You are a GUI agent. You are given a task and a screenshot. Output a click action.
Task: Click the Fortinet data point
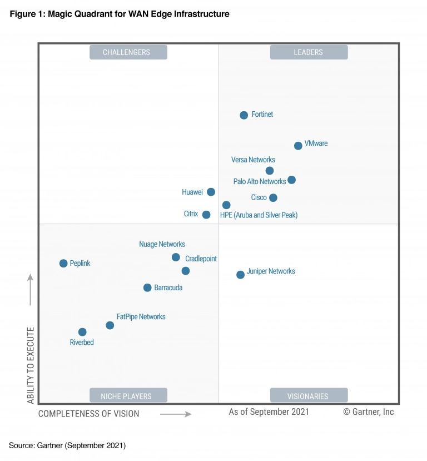244,115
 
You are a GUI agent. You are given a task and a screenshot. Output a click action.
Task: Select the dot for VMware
298,146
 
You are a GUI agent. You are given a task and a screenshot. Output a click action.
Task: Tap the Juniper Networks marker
240,275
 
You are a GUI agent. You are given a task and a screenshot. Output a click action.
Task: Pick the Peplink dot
63,264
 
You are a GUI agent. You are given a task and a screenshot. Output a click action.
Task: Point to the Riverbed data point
82,332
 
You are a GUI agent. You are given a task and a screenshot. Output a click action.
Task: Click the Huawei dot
211,192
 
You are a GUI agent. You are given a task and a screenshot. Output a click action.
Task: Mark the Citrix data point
206,215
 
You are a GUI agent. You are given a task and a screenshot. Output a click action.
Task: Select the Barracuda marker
147,287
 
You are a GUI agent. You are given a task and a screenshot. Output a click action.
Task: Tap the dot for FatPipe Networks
110,325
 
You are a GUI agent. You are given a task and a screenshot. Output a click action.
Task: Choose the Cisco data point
273,198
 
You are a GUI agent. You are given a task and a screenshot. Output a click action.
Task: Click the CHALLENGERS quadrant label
128,52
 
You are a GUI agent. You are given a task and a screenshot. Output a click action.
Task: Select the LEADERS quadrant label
309,52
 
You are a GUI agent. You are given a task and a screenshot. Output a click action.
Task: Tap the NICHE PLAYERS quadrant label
128,396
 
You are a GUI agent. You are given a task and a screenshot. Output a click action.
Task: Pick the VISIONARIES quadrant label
309,396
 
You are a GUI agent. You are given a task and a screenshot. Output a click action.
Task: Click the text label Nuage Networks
162,244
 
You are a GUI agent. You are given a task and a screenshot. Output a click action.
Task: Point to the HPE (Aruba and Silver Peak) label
259,215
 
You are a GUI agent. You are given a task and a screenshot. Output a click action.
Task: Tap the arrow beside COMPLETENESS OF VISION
176,414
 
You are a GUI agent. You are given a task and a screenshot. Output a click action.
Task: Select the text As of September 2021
269,412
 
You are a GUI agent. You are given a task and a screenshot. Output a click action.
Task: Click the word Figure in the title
22,14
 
